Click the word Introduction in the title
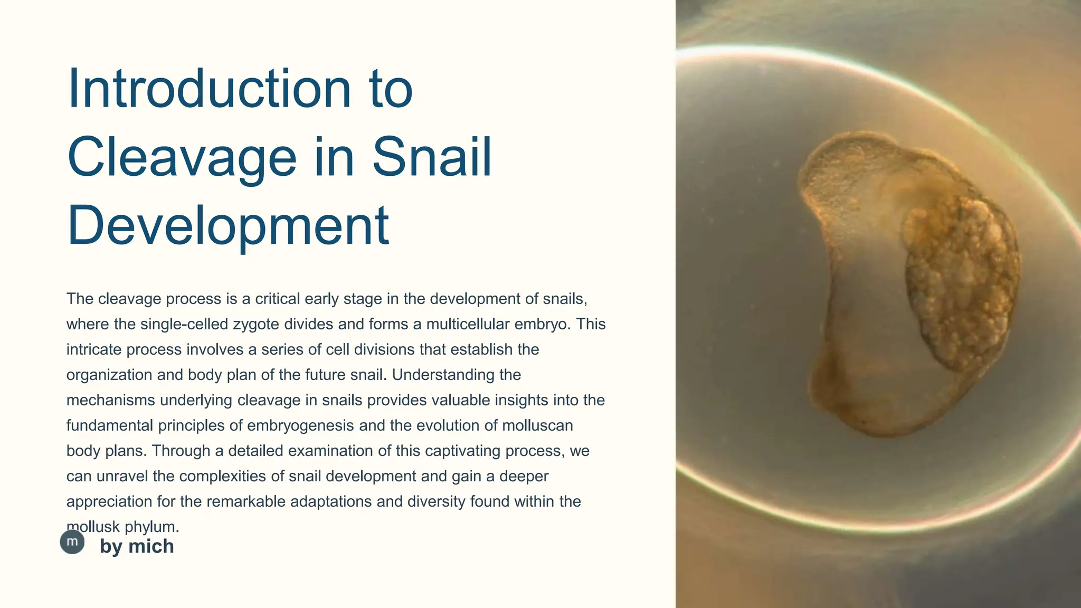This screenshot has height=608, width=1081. tap(209, 89)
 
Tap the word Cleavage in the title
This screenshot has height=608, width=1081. tap(182, 157)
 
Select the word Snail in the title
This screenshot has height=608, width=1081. tap(432, 157)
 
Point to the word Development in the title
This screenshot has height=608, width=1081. tap(228, 226)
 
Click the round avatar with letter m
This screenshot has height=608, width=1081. tap(72, 542)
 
